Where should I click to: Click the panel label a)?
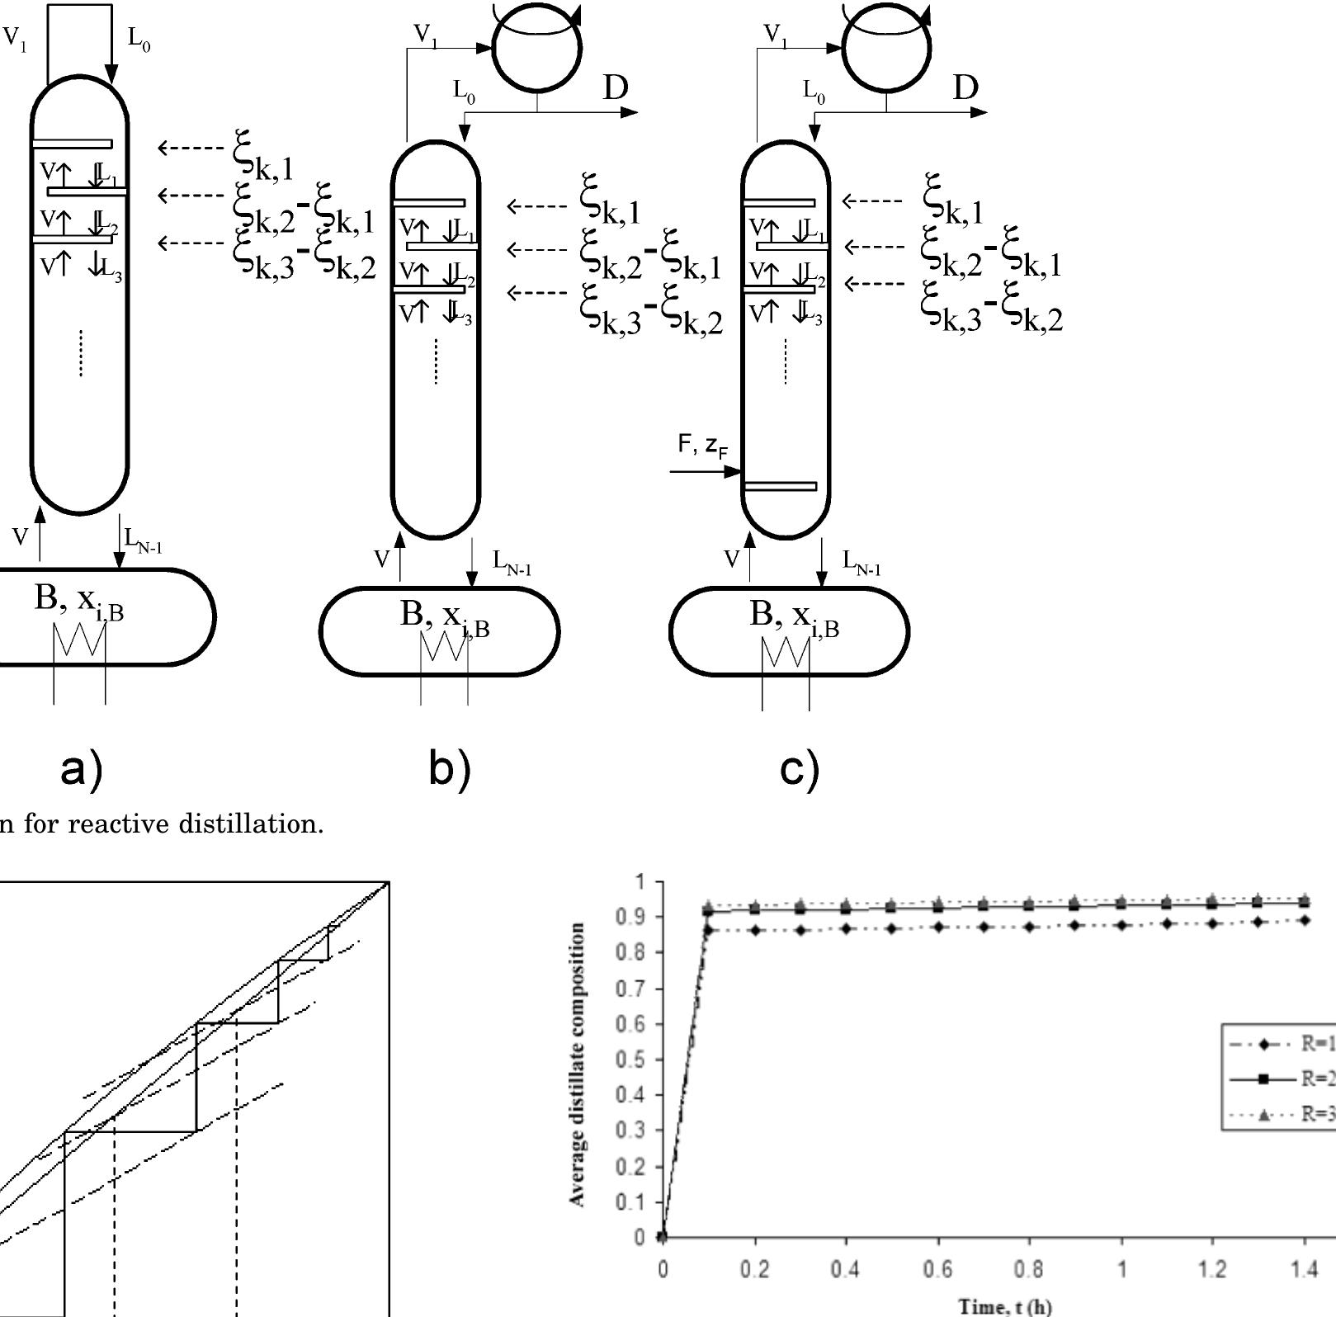tap(81, 770)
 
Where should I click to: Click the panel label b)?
tap(449, 770)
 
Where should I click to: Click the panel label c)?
tap(799, 770)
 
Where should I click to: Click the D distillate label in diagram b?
tap(616, 87)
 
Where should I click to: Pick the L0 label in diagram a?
tap(139, 38)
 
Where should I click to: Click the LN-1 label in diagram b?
tap(512, 563)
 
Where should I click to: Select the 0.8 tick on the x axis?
tap(1028, 1268)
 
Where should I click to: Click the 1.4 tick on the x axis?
tap(1304, 1268)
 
